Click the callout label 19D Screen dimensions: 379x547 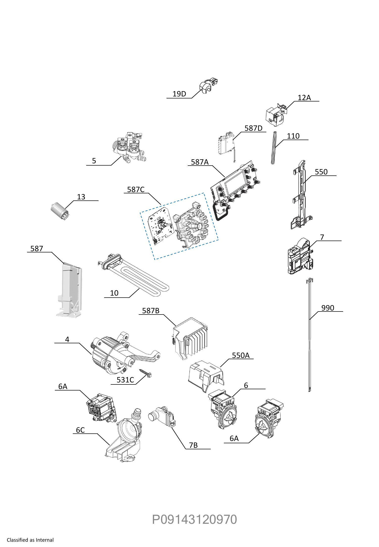click(179, 94)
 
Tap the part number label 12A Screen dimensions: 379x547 click(304, 97)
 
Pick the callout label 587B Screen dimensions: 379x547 click(151, 310)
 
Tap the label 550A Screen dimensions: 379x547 click(241, 355)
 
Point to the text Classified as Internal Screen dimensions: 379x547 click(30, 540)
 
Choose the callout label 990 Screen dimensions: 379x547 click(328, 308)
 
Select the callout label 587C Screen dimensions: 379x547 click(136, 189)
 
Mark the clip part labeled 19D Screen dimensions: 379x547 click(209, 86)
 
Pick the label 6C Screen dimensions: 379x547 click(80, 430)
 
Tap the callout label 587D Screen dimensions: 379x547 click(253, 128)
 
